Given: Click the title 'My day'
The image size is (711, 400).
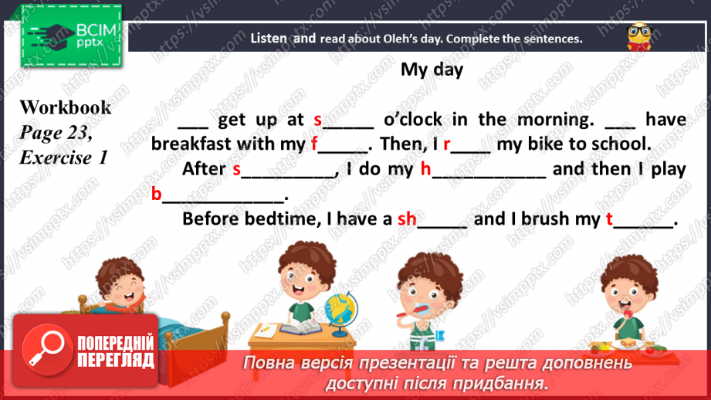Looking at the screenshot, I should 432,69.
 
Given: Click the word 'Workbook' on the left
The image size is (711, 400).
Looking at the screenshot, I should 65,107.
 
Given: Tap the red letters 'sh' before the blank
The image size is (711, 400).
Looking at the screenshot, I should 407,219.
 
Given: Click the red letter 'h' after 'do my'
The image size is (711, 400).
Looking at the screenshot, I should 425,169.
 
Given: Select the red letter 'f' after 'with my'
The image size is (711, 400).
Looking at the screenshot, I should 314,144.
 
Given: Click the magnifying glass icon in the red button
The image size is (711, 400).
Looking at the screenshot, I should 43,350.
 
